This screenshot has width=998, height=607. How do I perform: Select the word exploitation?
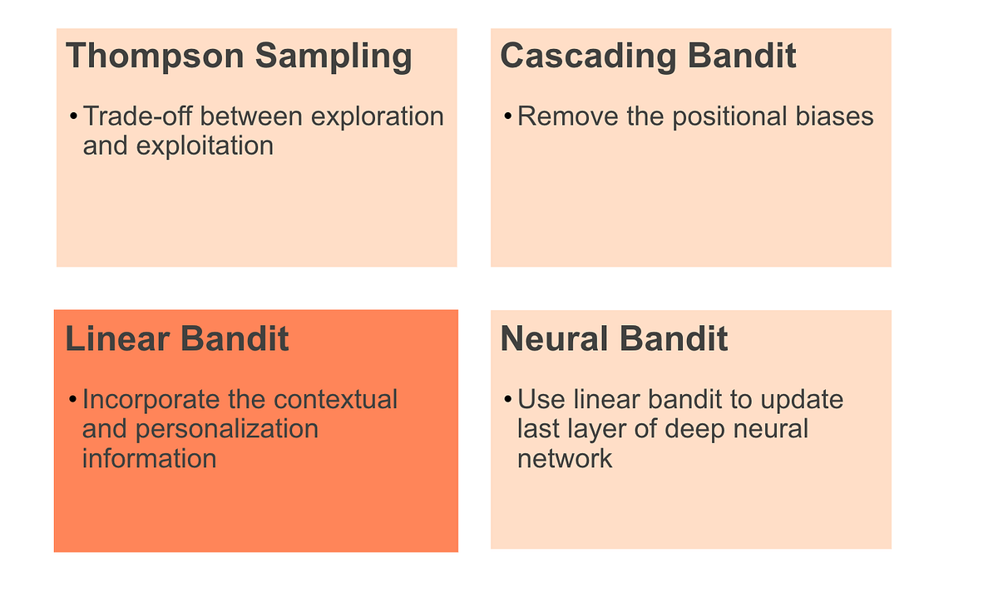pos(205,146)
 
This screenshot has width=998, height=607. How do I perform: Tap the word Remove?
pos(568,116)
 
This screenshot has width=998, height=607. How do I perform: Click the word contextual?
pos(336,399)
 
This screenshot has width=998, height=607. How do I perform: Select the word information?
pos(149,458)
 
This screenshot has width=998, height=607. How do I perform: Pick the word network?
pos(565,458)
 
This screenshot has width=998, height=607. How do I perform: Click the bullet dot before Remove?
pos(508,117)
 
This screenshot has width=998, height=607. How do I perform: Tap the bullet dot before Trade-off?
pos(74,117)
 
